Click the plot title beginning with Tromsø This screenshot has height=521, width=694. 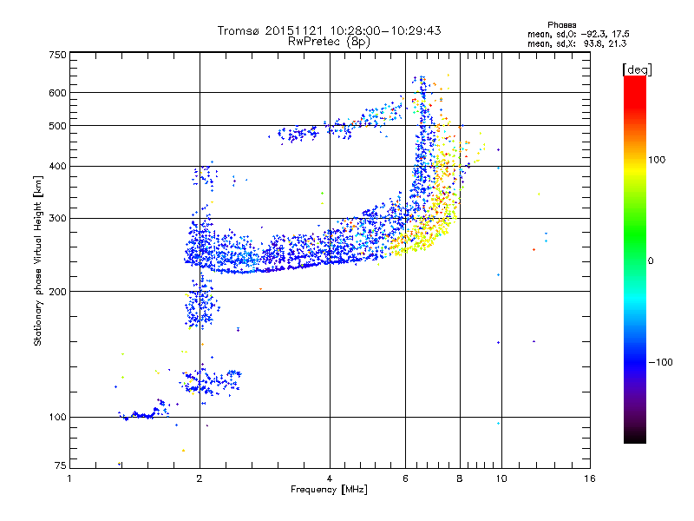point(330,30)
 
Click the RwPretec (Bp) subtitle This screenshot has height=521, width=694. point(330,41)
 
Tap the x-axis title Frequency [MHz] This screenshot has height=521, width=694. point(329,490)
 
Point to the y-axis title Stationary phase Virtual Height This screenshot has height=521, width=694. point(38,260)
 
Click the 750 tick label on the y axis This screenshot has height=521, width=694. point(58,55)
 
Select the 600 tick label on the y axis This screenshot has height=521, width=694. point(58,93)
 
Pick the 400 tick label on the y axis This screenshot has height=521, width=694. point(58,166)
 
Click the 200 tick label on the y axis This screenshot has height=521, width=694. point(58,291)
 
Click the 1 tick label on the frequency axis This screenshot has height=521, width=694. point(70,478)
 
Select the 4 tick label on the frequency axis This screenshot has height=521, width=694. point(330,478)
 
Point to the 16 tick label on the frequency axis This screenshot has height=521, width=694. point(589,478)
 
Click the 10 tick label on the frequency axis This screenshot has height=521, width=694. point(500,478)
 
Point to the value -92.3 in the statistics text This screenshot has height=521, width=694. point(604,34)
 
